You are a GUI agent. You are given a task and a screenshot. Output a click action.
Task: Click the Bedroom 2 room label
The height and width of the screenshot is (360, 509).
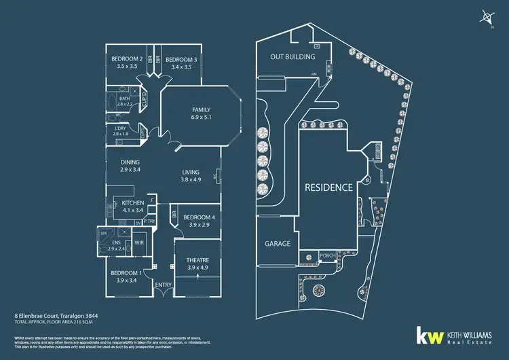[127, 58]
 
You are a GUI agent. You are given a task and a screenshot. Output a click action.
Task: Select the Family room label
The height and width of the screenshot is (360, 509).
[201, 110]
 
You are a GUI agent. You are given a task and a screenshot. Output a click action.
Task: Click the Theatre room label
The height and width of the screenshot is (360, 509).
[197, 260]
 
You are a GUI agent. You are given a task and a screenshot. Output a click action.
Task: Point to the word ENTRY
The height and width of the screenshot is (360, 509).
[164, 285]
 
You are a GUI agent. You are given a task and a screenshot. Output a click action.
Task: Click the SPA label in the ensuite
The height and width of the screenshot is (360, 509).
[105, 233]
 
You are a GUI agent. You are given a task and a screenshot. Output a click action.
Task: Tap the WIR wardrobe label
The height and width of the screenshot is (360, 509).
[140, 242]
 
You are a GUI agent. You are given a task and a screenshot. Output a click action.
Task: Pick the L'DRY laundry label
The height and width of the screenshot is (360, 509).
[120, 128]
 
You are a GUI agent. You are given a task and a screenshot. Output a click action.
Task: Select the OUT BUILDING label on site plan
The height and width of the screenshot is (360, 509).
[290, 57]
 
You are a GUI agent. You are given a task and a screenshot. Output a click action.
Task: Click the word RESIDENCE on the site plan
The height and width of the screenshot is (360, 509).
[328, 187]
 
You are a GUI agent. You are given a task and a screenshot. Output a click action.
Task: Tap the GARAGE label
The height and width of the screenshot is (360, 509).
[277, 243]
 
